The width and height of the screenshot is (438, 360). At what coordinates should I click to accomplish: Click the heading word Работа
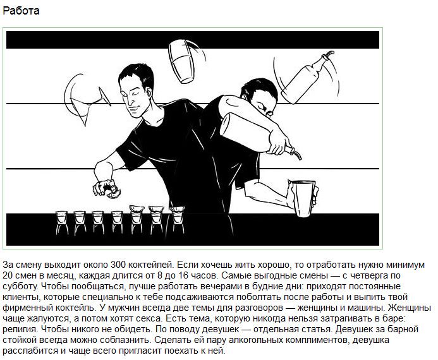[21, 11]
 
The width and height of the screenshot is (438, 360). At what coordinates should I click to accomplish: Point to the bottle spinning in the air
[307, 78]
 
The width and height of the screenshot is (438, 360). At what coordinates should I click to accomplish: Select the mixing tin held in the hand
[303, 198]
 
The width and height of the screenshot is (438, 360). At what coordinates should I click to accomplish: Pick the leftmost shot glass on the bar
[62, 222]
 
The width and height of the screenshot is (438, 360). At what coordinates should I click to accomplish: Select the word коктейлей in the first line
[151, 265]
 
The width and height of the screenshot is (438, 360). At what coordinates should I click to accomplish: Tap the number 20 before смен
[8, 275]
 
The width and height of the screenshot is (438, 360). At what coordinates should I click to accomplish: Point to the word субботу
[20, 287]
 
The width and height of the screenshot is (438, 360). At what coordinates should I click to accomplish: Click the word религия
[20, 330]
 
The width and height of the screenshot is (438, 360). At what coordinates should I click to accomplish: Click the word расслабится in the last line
[30, 351]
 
